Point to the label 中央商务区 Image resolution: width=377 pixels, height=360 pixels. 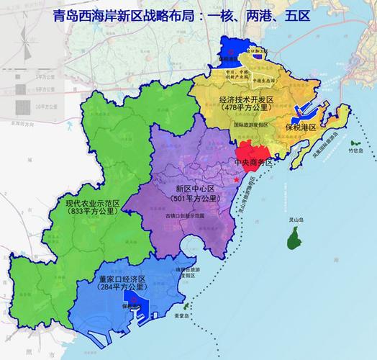point(254,163)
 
